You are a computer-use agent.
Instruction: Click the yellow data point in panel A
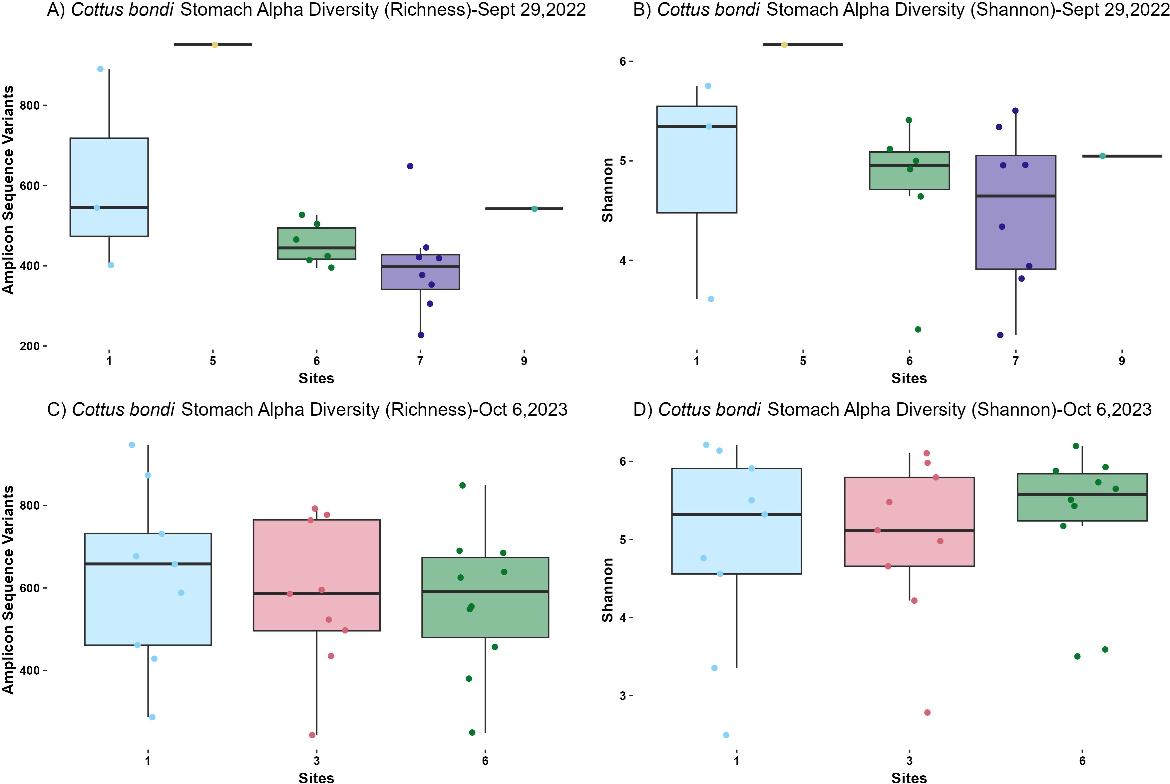click(215, 45)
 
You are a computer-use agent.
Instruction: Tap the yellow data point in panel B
click(784, 45)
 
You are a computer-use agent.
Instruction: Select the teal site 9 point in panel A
click(534, 209)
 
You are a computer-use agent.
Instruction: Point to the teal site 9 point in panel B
click(1102, 156)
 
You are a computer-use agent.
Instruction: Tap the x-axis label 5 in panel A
click(213, 361)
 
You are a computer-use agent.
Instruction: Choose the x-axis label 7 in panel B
click(1016, 361)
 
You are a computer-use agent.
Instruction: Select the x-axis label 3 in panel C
click(317, 761)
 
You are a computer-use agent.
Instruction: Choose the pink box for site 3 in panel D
click(909, 550)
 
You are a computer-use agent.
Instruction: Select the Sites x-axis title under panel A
click(316, 379)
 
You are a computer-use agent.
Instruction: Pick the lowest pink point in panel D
click(927, 713)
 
